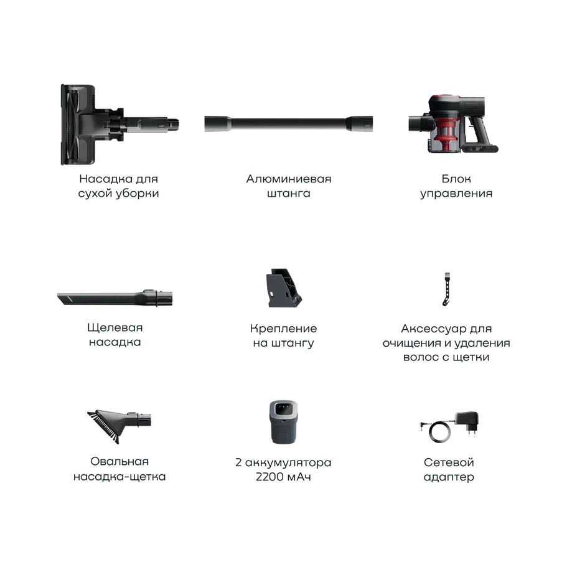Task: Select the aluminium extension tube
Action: point(289,123)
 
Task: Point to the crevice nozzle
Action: point(115,298)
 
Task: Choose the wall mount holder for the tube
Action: point(284,288)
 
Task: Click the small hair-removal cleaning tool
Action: point(447,289)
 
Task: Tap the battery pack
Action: point(284,422)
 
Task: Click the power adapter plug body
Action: point(467,421)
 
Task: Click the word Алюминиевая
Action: point(289,179)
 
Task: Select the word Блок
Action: point(456,179)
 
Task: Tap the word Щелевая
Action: point(115,328)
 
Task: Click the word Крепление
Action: point(284,329)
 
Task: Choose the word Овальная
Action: point(119,461)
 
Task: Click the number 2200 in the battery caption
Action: point(269,477)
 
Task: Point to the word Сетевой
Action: point(449,462)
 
